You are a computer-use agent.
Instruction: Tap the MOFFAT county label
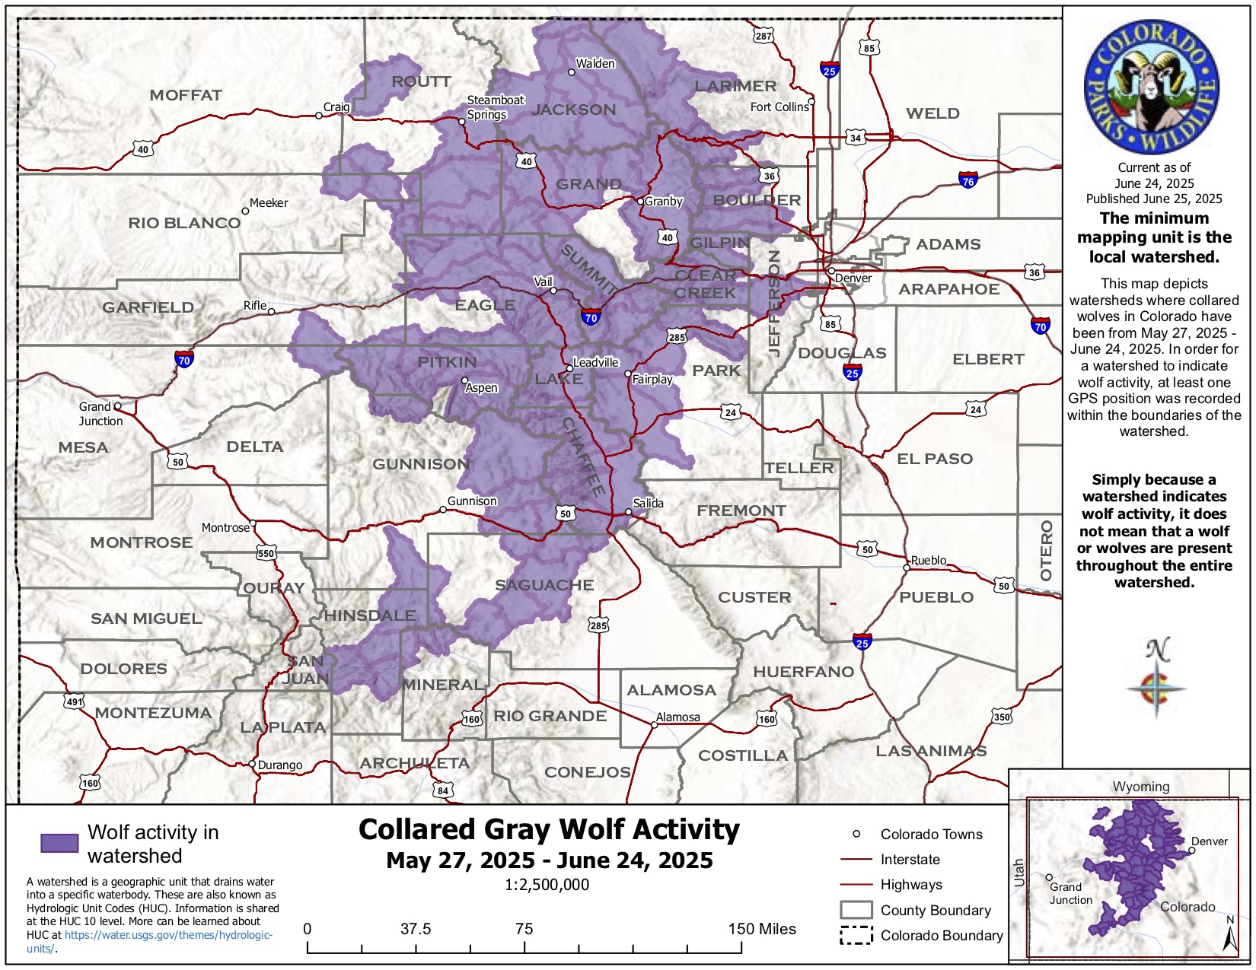(x=186, y=95)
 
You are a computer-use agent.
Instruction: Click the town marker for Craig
(x=319, y=116)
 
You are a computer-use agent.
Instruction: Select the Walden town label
(x=595, y=64)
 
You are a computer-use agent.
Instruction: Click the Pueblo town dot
(x=907, y=568)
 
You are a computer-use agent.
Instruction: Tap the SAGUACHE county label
(x=544, y=585)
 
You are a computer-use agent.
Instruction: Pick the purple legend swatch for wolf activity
(x=59, y=843)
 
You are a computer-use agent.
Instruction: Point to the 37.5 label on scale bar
(x=416, y=929)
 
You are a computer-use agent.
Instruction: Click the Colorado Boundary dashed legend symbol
(x=856, y=936)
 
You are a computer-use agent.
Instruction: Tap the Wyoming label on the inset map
(x=1140, y=787)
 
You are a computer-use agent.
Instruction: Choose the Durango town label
(x=279, y=765)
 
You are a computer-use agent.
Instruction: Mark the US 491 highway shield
(x=74, y=701)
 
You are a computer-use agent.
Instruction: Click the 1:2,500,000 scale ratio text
(x=547, y=885)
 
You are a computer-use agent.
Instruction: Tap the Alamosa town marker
(x=654, y=725)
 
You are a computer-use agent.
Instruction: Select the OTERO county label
(x=1046, y=550)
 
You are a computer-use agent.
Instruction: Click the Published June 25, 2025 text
(x=1153, y=199)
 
